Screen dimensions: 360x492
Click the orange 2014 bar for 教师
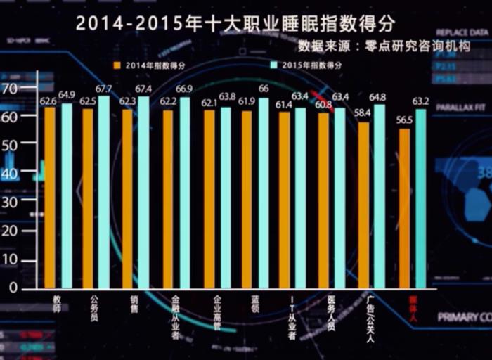click(50, 197)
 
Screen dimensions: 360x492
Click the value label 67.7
click(103, 89)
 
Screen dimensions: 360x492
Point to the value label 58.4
click(362, 112)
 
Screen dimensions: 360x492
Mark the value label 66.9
click(184, 89)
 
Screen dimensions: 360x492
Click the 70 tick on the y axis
click(11, 89)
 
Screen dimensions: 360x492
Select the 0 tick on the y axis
click(13, 288)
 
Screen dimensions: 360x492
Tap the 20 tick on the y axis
click(11, 231)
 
